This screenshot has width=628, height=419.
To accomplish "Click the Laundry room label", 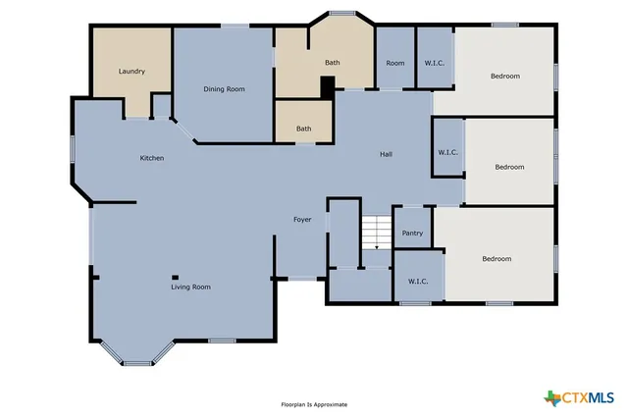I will [x=131, y=71].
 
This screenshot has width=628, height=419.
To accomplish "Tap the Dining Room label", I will [x=224, y=89].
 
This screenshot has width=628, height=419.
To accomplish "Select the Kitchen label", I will [x=151, y=158].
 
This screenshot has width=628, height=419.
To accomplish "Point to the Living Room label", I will [x=190, y=287].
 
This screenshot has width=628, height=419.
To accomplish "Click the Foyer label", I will [x=302, y=219].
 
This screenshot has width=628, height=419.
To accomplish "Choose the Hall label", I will [x=387, y=154].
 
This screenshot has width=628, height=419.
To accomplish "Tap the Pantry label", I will [x=412, y=233].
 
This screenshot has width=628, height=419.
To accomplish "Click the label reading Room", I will [x=394, y=63].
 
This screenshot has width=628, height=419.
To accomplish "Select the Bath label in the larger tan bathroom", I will [x=333, y=63].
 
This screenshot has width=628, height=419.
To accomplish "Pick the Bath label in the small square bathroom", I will [x=304, y=129].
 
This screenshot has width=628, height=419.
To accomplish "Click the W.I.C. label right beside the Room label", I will [x=435, y=63].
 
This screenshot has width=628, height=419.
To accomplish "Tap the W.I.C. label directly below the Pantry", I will [x=417, y=281].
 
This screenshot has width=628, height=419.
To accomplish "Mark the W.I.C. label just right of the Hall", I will [x=448, y=152].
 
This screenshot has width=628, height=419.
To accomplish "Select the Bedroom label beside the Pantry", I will [x=496, y=259].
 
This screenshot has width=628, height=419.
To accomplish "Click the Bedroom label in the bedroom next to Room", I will [x=504, y=76].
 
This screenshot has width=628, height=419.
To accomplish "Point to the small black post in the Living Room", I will [x=175, y=276].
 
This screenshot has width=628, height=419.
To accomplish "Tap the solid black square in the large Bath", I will [x=327, y=86].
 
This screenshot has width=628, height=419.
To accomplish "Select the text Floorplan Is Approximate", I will [x=314, y=404].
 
